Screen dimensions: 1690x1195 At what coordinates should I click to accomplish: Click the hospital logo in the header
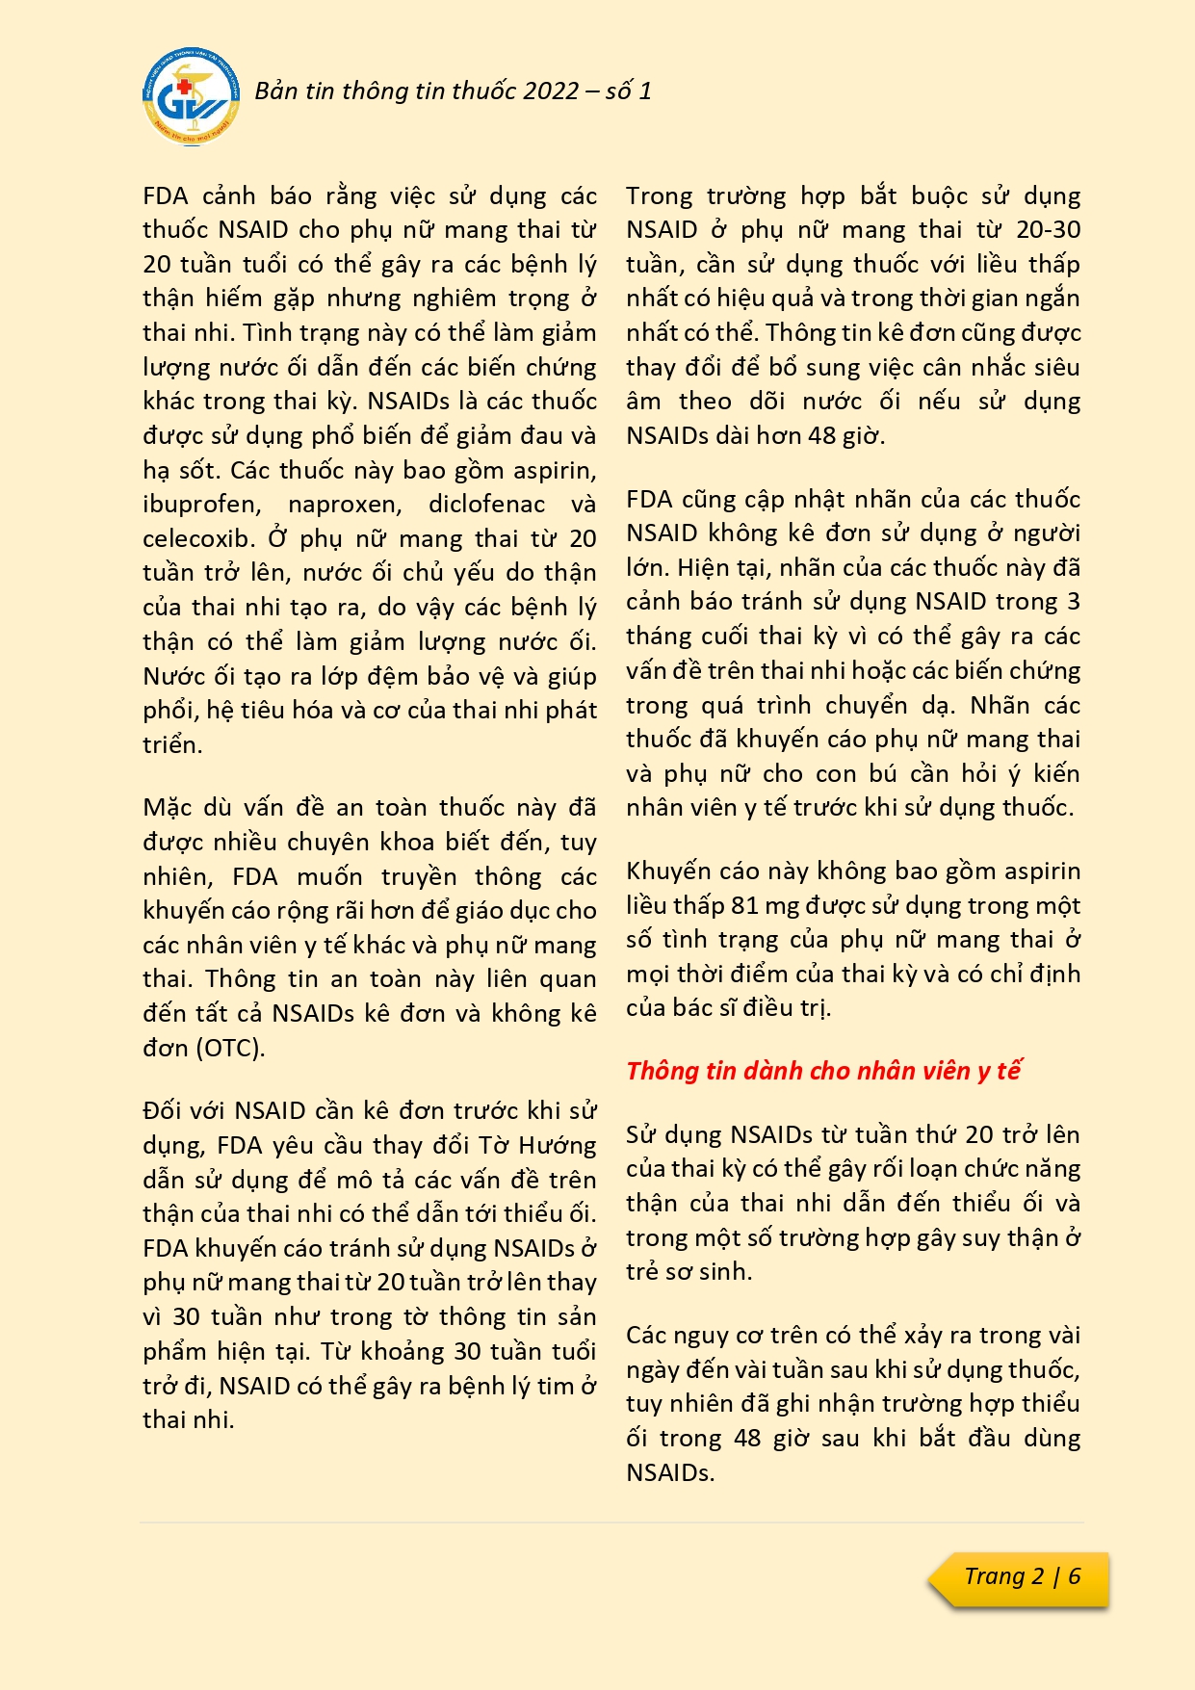[189, 96]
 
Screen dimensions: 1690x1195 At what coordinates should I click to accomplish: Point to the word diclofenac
[486, 505]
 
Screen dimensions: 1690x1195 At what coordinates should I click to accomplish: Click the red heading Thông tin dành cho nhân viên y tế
[823, 1071]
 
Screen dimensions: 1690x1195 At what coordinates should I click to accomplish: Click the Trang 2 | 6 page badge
[1022, 1577]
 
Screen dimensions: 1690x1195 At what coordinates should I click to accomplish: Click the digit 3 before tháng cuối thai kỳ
[1073, 602]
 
